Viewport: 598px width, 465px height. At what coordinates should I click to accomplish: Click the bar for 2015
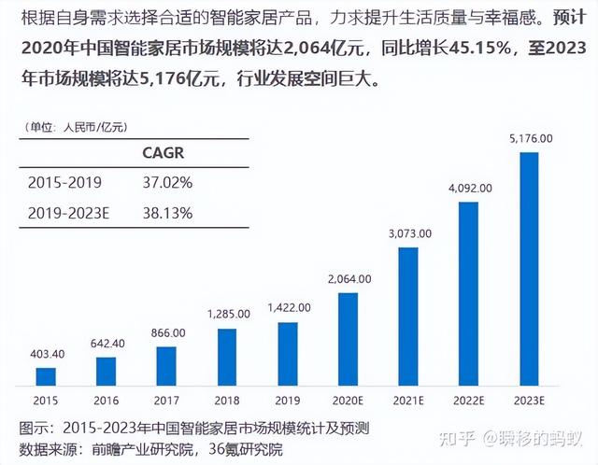[x=46, y=376]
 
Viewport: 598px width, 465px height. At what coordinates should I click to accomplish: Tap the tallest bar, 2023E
[x=529, y=269]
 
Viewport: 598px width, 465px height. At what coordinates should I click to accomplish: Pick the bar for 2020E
[x=348, y=339]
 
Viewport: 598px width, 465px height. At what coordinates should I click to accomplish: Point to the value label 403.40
[x=46, y=354]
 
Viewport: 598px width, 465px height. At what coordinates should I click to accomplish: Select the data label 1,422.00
[x=288, y=307]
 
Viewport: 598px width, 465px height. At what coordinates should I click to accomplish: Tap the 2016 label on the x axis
[x=107, y=401]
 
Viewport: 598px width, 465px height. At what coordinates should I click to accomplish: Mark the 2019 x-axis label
[x=288, y=401]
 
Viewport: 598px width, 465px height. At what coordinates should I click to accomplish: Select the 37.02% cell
[x=167, y=182]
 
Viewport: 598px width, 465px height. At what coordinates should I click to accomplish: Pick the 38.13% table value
[x=167, y=212]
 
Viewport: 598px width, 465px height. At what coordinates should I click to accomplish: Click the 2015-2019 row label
[x=64, y=182]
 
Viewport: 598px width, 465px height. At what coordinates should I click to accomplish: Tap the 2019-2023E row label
[x=69, y=212]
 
